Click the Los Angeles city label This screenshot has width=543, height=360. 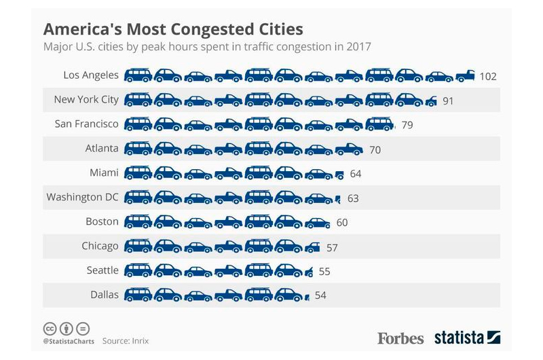point(90,75)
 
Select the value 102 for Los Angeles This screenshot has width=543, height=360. point(488,76)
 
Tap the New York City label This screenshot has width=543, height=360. point(86,100)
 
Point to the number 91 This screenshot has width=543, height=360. point(447,101)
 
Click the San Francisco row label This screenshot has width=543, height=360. point(86,124)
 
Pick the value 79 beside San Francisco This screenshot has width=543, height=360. point(407,125)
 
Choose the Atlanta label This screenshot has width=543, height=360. point(101,149)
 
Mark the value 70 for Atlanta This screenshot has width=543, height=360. point(375,149)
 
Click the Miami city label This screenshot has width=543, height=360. point(104,173)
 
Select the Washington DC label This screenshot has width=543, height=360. point(82,198)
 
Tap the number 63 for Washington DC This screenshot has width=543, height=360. point(352,198)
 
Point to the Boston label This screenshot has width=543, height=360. point(102,222)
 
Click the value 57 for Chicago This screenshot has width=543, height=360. point(331,247)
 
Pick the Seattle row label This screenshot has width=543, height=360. point(102,271)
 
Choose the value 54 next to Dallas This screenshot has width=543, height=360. point(320,296)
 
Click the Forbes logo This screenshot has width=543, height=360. point(400,338)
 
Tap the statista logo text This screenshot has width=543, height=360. point(459,337)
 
